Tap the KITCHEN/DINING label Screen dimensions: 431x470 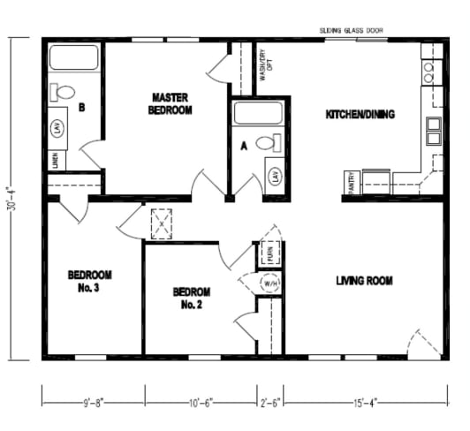pos(360,114)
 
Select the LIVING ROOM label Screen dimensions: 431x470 pos(364,281)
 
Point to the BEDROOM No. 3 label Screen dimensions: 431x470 pos(90,281)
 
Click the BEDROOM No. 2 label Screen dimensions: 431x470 pos(191,298)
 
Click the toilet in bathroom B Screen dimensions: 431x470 pos(64,91)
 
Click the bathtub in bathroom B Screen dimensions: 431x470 pos(74,59)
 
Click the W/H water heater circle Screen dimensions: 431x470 pos(270,284)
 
